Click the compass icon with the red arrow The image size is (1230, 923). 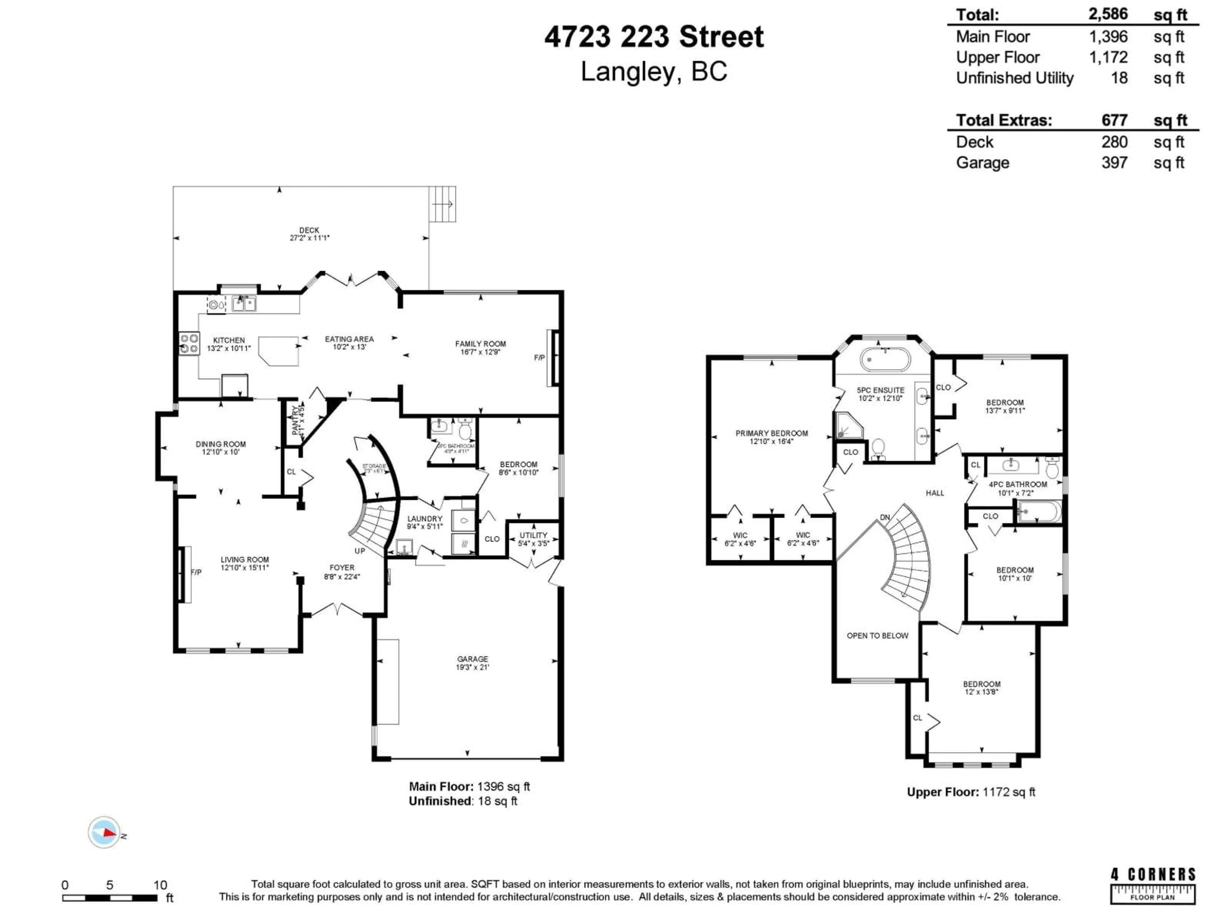[104, 832]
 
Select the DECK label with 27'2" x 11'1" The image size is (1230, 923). [309, 234]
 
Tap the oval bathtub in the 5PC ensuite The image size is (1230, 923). [885, 359]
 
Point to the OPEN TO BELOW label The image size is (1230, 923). [877, 635]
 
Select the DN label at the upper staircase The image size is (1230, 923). [885, 517]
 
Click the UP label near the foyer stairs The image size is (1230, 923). [360, 551]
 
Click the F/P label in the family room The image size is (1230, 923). [539, 358]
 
